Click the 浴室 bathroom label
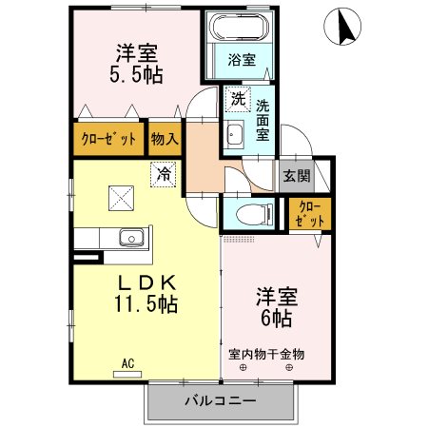click(x=241, y=60)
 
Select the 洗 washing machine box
click(x=235, y=98)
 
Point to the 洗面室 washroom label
click(x=263, y=121)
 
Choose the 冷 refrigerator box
click(x=164, y=174)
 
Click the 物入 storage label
click(x=165, y=139)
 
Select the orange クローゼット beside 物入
click(x=108, y=139)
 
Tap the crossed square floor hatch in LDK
click(x=121, y=199)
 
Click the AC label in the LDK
click(x=126, y=361)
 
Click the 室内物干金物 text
click(x=266, y=354)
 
